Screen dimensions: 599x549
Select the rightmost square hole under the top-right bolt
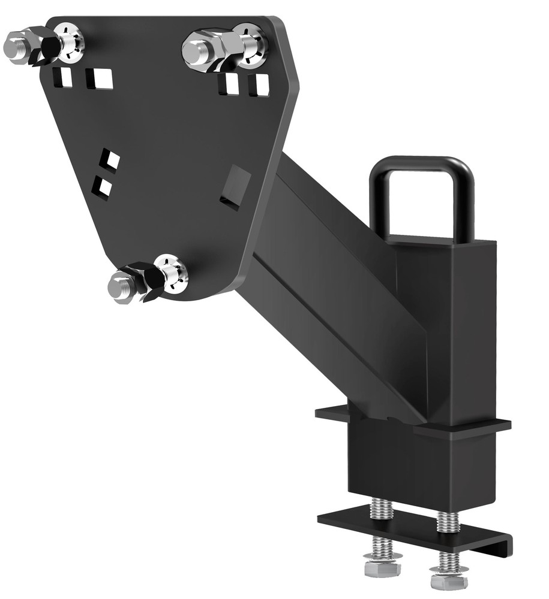tap(259, 85)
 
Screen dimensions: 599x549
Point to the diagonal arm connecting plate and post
tap(336, 282)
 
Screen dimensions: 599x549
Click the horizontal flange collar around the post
tap(414, 423)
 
